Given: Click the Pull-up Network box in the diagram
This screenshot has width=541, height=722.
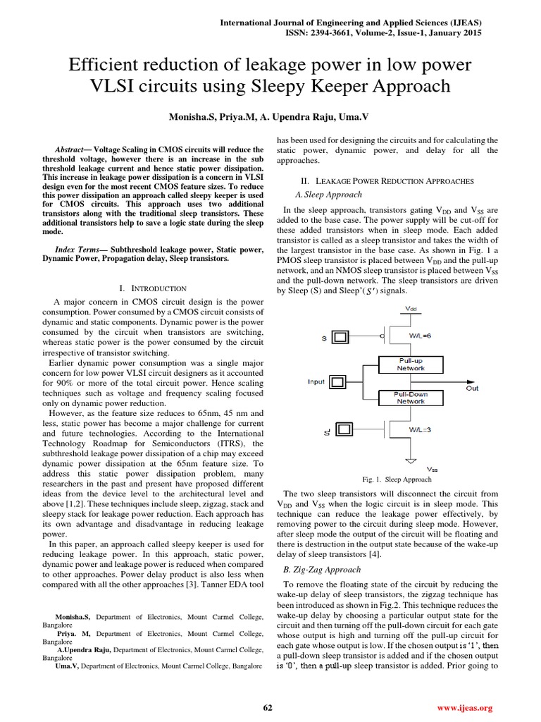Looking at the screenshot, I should (x=411, y=364).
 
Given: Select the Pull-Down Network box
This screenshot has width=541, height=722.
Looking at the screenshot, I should (x=411, y=398).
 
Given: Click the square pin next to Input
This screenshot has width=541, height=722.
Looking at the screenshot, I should (x=338, y=382).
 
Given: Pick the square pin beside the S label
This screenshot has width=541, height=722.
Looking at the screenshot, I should (x=340, y=338).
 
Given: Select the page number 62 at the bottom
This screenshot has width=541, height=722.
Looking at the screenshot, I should (x=268, y=707).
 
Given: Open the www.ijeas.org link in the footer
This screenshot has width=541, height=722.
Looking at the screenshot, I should (x=465, y=707).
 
